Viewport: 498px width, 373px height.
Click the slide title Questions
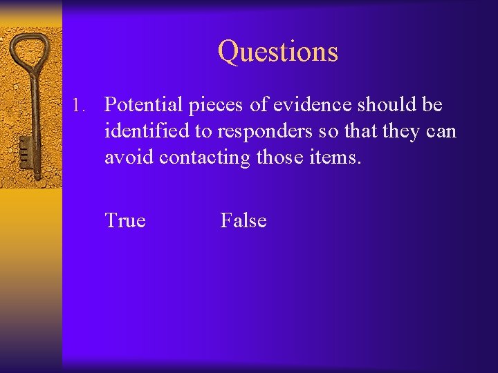pos(278,52)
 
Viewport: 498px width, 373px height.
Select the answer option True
pos(125,221)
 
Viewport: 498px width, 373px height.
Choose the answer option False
pos(243,221)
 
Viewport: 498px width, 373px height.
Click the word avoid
pos(129,157)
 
